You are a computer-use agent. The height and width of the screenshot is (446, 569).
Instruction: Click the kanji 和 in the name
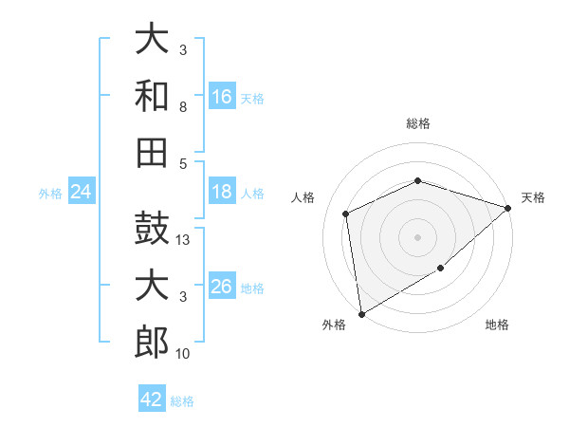152,96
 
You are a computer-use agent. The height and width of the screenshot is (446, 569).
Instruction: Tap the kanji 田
152,153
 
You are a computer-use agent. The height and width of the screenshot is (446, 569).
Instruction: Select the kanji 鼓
152,228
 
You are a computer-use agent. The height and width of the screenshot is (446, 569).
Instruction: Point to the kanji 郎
152,342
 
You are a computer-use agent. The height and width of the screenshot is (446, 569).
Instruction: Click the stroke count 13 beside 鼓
182,240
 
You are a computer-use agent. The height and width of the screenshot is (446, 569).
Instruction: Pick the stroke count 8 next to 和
183,107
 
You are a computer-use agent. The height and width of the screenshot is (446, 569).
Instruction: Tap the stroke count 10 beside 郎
182,353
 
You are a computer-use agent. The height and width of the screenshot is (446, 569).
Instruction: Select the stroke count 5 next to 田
183,164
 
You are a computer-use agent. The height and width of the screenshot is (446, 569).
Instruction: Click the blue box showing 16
222,96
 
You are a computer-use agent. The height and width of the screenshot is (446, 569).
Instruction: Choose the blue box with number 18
222,191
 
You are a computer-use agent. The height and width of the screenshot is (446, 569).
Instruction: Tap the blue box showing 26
222,285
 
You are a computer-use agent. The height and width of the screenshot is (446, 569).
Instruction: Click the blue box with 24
82,191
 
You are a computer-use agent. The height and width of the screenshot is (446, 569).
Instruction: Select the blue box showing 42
152,398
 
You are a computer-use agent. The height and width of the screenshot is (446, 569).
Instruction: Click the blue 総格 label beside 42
182,401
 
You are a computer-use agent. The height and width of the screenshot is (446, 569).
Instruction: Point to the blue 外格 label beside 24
50,194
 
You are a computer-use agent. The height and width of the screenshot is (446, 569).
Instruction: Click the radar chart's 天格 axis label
533,197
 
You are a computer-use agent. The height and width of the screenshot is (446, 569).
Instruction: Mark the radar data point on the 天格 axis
508,208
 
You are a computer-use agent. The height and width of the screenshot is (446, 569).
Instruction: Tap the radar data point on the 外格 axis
362,314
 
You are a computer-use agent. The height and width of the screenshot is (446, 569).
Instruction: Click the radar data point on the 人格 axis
346,214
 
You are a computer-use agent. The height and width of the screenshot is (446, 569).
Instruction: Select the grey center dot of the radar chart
417,237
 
